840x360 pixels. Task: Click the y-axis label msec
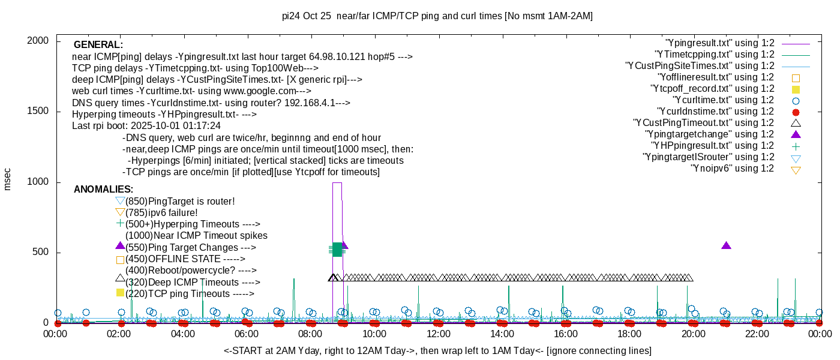point(7,178)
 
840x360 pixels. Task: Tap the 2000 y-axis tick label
point(39,41)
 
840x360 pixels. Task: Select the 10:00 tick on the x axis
point(374,334)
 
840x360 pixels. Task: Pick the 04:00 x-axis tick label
point(184,334)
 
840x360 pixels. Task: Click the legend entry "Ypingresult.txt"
point(719,43)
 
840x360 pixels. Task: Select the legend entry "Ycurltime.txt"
point(723,100)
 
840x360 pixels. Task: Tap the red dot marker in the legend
point(796,112)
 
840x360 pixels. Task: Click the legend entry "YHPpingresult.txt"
point(712,146)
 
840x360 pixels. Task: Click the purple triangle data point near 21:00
point(726,245)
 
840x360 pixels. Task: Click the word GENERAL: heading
point(98,45)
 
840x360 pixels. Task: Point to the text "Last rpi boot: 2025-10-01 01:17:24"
point(146,126)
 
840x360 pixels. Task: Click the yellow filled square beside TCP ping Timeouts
point(120,293)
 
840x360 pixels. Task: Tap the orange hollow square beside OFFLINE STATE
point(120,260)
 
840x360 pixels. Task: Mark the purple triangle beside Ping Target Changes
point(120,246)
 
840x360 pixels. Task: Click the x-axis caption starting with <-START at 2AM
point(437,350)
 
